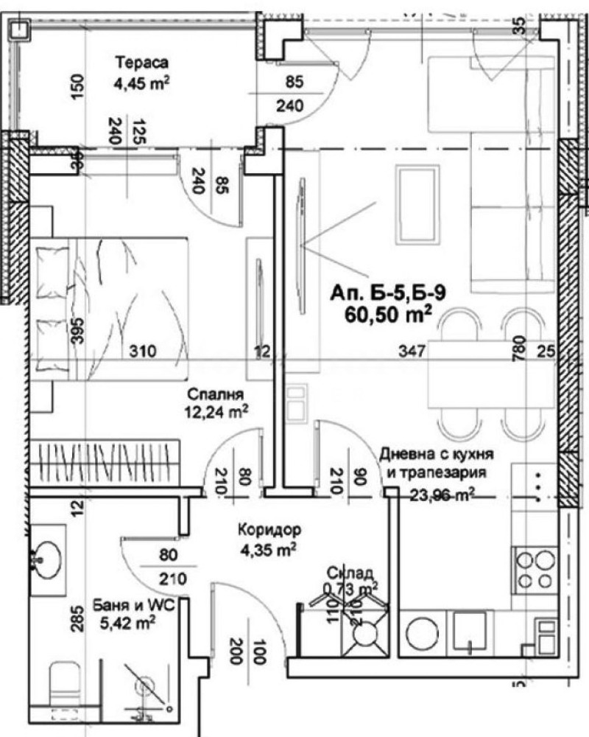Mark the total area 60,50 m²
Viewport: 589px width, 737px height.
(x=388, y=316)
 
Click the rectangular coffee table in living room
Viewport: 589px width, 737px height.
(x=415, y=204)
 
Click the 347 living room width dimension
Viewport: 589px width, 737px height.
(x=413, y=352)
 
